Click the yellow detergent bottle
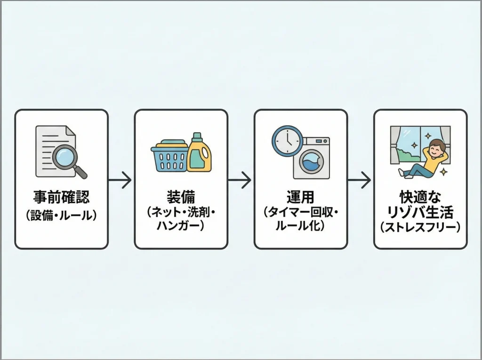(x=199, y=155)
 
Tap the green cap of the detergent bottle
(x=197, y=137)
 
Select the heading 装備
(x=181, y=197)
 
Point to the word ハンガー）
(x=181, y=226)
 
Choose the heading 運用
(x=300, y=197)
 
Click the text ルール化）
(x=300, y=226)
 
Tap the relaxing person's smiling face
(x=437, y=149)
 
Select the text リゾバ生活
(x=420, y=212)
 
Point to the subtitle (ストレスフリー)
(x=420, y=228)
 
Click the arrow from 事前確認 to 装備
(x=120, y=180)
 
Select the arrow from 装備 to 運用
(x=240, y=180)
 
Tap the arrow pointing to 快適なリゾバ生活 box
(x=360, y=180)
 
